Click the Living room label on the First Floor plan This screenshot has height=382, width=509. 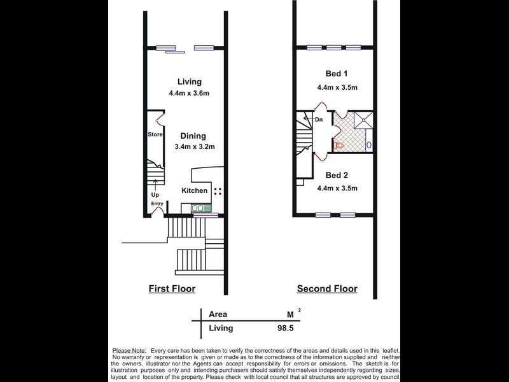(190, 81)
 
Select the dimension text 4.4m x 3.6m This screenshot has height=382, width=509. (189, 93)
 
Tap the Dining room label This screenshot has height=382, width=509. (193, 136)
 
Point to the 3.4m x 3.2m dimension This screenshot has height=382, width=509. (194, 146)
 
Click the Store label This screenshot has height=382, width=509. (155, 134)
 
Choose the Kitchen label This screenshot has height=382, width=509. (195, 190)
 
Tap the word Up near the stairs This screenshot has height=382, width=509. (155, 194)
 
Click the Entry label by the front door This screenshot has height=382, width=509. (157, 204)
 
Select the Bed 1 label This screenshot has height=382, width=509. (328, 74)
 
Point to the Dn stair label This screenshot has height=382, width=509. (319, 120)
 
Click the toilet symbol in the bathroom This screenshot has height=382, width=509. (339, 146)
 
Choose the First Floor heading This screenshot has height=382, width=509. (172, 288)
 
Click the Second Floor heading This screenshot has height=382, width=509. (327, 288)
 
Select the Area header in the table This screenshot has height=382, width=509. (218, 314)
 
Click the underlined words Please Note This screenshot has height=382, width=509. (129, 351)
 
